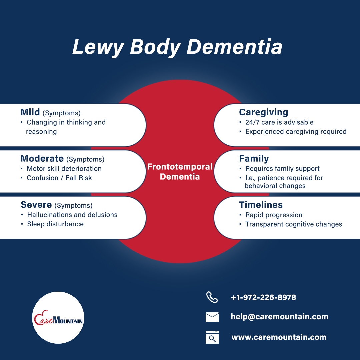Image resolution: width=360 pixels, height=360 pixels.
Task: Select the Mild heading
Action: (30, 112)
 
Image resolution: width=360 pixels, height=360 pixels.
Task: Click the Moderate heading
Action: (42, 158)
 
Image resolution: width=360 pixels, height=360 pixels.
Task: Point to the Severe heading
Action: (36, 205)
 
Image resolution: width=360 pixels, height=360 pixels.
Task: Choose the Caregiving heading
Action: (264, 113)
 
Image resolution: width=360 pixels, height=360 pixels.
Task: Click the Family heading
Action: (254, 159)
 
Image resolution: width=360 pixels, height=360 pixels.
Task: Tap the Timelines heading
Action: (261, 205)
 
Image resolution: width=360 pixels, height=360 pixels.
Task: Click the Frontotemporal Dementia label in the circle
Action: (180, 172)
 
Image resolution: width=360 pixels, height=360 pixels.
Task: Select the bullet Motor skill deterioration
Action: (64, 169)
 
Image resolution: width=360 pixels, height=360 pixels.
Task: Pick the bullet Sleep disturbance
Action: (55, 224)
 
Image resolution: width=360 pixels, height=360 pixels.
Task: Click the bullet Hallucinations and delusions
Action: (72, 215)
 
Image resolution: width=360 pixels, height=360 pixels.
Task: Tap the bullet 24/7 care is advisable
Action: (279, 122)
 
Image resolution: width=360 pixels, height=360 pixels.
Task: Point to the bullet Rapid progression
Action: (274, 215)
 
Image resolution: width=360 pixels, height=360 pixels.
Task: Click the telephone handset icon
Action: (212, 297)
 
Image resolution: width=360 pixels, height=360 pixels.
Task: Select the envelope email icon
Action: (212, 317)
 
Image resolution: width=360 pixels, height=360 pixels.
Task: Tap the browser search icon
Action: (212, 337)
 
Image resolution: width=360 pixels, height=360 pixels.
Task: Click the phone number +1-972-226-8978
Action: (264, 298)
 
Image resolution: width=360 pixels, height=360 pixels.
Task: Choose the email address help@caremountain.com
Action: (279, 317)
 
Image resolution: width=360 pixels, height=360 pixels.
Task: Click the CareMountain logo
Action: (58, 318)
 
